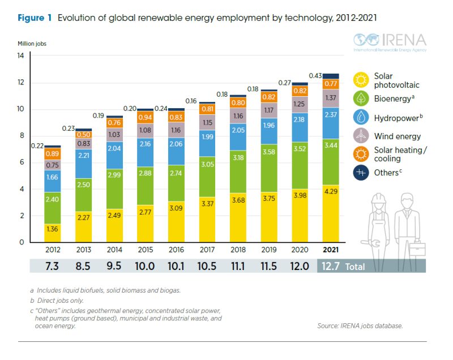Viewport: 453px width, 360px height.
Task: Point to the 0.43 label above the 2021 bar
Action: [315, 75]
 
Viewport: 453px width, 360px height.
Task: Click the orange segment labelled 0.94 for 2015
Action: [145, 117]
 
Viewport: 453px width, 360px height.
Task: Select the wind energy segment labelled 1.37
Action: [331, 98]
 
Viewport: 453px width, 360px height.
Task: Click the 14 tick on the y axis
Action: [20, 56]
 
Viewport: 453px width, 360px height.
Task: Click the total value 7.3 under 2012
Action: [52, 266]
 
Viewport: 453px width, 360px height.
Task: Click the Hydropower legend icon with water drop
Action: [361, 117]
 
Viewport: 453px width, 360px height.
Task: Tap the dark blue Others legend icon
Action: [361, 172]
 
